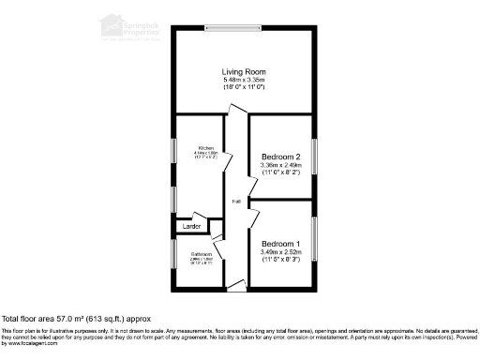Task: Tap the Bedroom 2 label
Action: tap(280, 157)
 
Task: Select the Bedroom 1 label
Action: tap(280, 243)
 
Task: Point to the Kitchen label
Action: tap(206, 148)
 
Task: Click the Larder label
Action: tap(191, 227)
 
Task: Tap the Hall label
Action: tap(237, 201)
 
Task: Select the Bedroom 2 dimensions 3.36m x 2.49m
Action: tap(281, 166)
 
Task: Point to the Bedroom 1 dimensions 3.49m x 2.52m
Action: tap(281, 251)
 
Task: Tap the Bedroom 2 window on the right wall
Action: tap(315, 157)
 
